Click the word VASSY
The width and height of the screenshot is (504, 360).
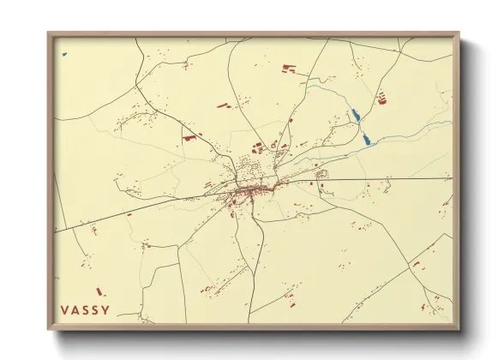(x=85, y=309)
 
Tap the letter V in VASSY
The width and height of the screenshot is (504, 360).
(x=65, y=309)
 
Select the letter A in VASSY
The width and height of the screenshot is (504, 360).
(x=75, y=309)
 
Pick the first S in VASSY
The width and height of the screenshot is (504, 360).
(x=85, y=309)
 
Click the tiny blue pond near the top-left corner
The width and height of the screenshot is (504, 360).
(x=64, y=55)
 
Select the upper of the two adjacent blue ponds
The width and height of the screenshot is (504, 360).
(x=354, y=114)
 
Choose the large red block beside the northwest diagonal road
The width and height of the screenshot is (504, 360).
(x=189, y=135)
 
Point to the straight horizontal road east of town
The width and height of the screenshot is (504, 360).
(x=386, y=179)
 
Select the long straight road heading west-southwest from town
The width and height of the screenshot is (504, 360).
(x=129, y=213)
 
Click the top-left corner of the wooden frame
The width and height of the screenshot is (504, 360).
(x=49, y=33)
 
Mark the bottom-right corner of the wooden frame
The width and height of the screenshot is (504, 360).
(x=459, y=329)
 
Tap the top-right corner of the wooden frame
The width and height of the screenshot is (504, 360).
(x=459, y=33)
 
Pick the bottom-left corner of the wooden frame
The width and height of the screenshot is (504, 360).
(x=49, y=329)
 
